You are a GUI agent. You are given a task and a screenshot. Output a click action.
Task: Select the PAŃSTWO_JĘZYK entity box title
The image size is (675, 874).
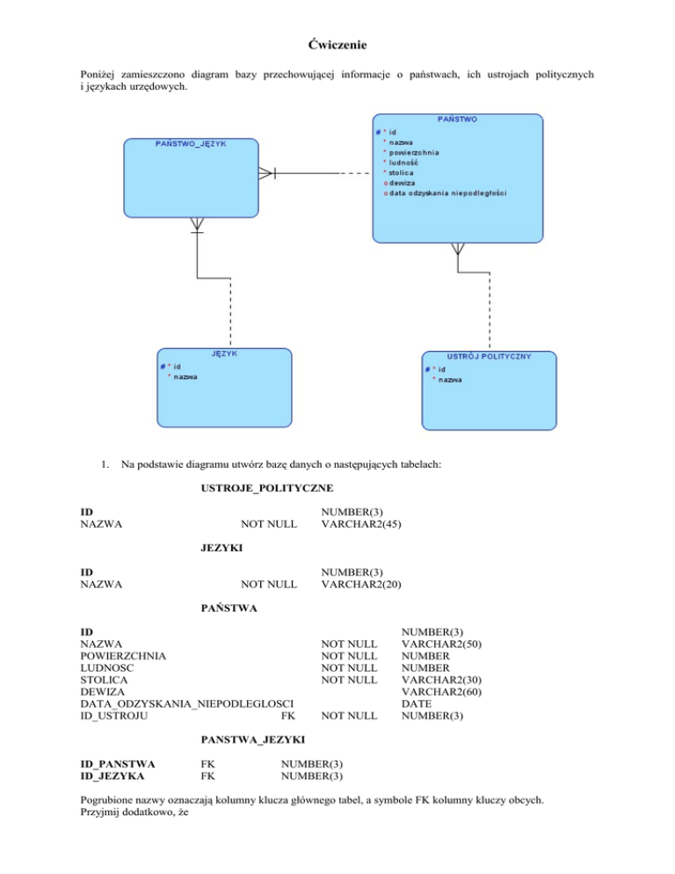click(x=191, y=143)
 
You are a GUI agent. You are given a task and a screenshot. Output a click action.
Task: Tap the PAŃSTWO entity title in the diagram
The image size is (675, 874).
click(x=457, y=119)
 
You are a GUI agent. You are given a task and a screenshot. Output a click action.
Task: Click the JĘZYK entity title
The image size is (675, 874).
click(x=223, y=353)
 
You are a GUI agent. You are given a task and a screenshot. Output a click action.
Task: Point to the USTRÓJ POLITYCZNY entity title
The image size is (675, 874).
click(x=489, y=356)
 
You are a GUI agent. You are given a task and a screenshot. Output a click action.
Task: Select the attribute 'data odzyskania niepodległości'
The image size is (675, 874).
click(x=448, y=193)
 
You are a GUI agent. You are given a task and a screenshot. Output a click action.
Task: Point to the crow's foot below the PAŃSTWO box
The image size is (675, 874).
click(x=457, y=250)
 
